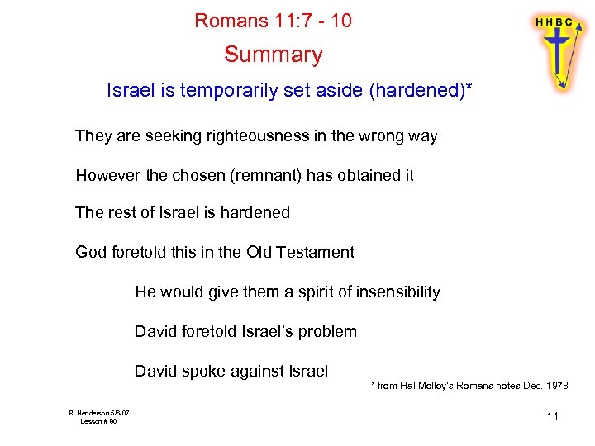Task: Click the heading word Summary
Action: [273, 55]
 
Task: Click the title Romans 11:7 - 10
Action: [273, 21]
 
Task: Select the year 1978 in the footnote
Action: [556, 387]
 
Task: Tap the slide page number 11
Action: [553, 416]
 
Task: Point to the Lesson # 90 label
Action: [98, 422]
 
